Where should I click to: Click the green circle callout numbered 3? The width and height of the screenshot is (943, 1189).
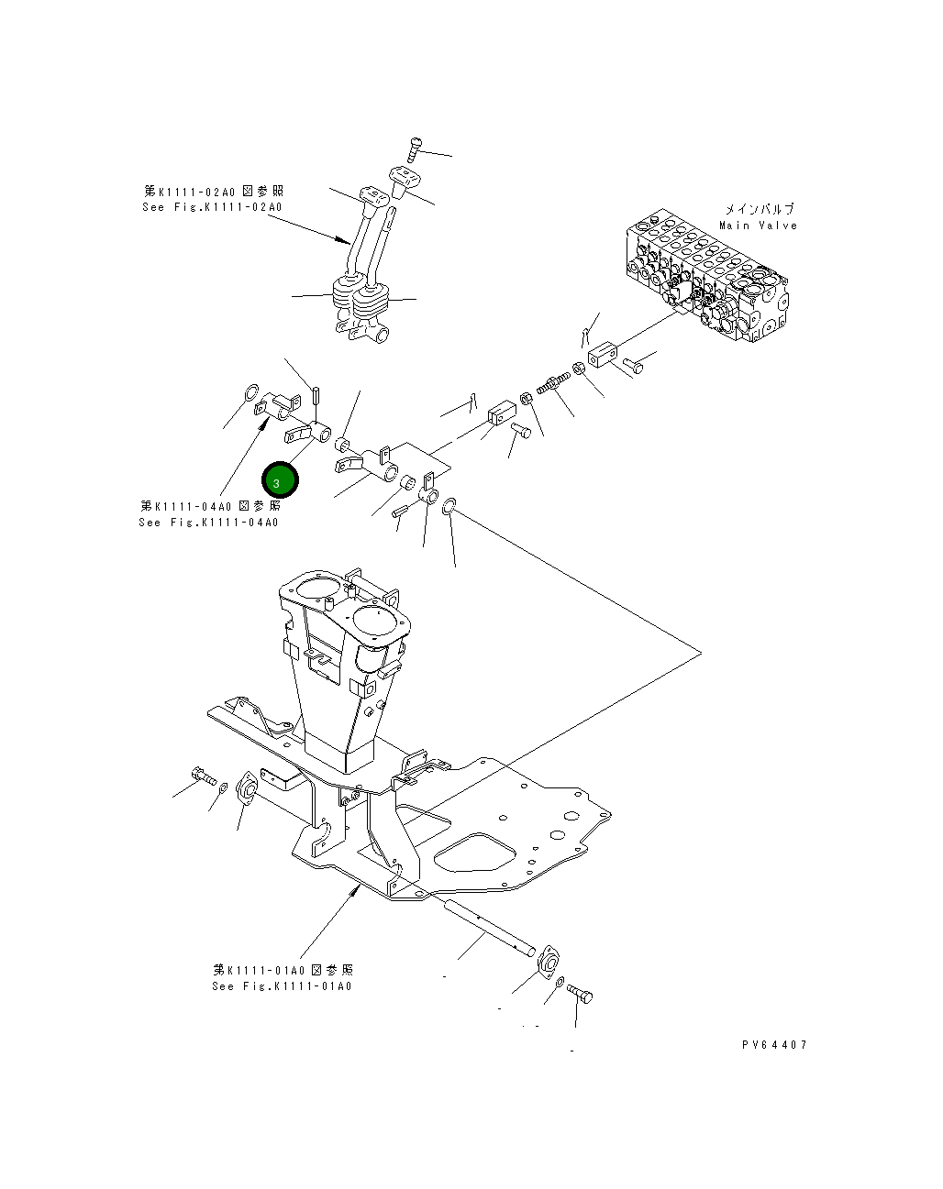pos(280,480)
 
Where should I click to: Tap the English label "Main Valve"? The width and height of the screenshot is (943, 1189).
pos(758,226)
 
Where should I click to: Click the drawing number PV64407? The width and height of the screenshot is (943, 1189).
pos(775,1044)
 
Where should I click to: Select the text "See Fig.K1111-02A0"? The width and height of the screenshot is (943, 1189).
pos(212,207)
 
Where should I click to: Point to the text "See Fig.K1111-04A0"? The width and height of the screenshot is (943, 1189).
pos(208,523)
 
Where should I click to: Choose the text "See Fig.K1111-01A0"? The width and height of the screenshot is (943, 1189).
pos(282,986)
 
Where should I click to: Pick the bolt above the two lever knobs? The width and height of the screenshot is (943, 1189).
pos(415,147)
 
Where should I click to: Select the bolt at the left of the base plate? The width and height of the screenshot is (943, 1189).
pos(204,777)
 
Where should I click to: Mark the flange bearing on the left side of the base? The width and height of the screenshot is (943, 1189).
pos(246,788)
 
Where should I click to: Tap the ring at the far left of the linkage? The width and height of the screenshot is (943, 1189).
pos(248,396)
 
